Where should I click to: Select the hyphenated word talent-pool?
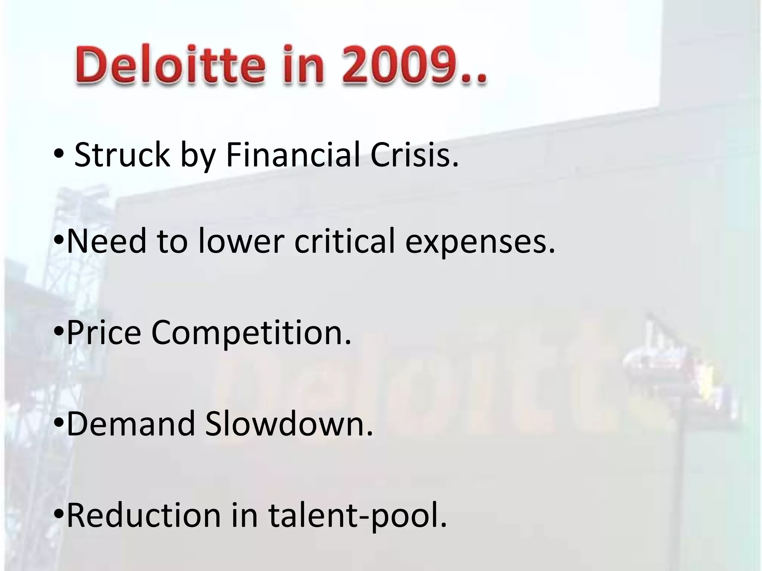tap(357, 516)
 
